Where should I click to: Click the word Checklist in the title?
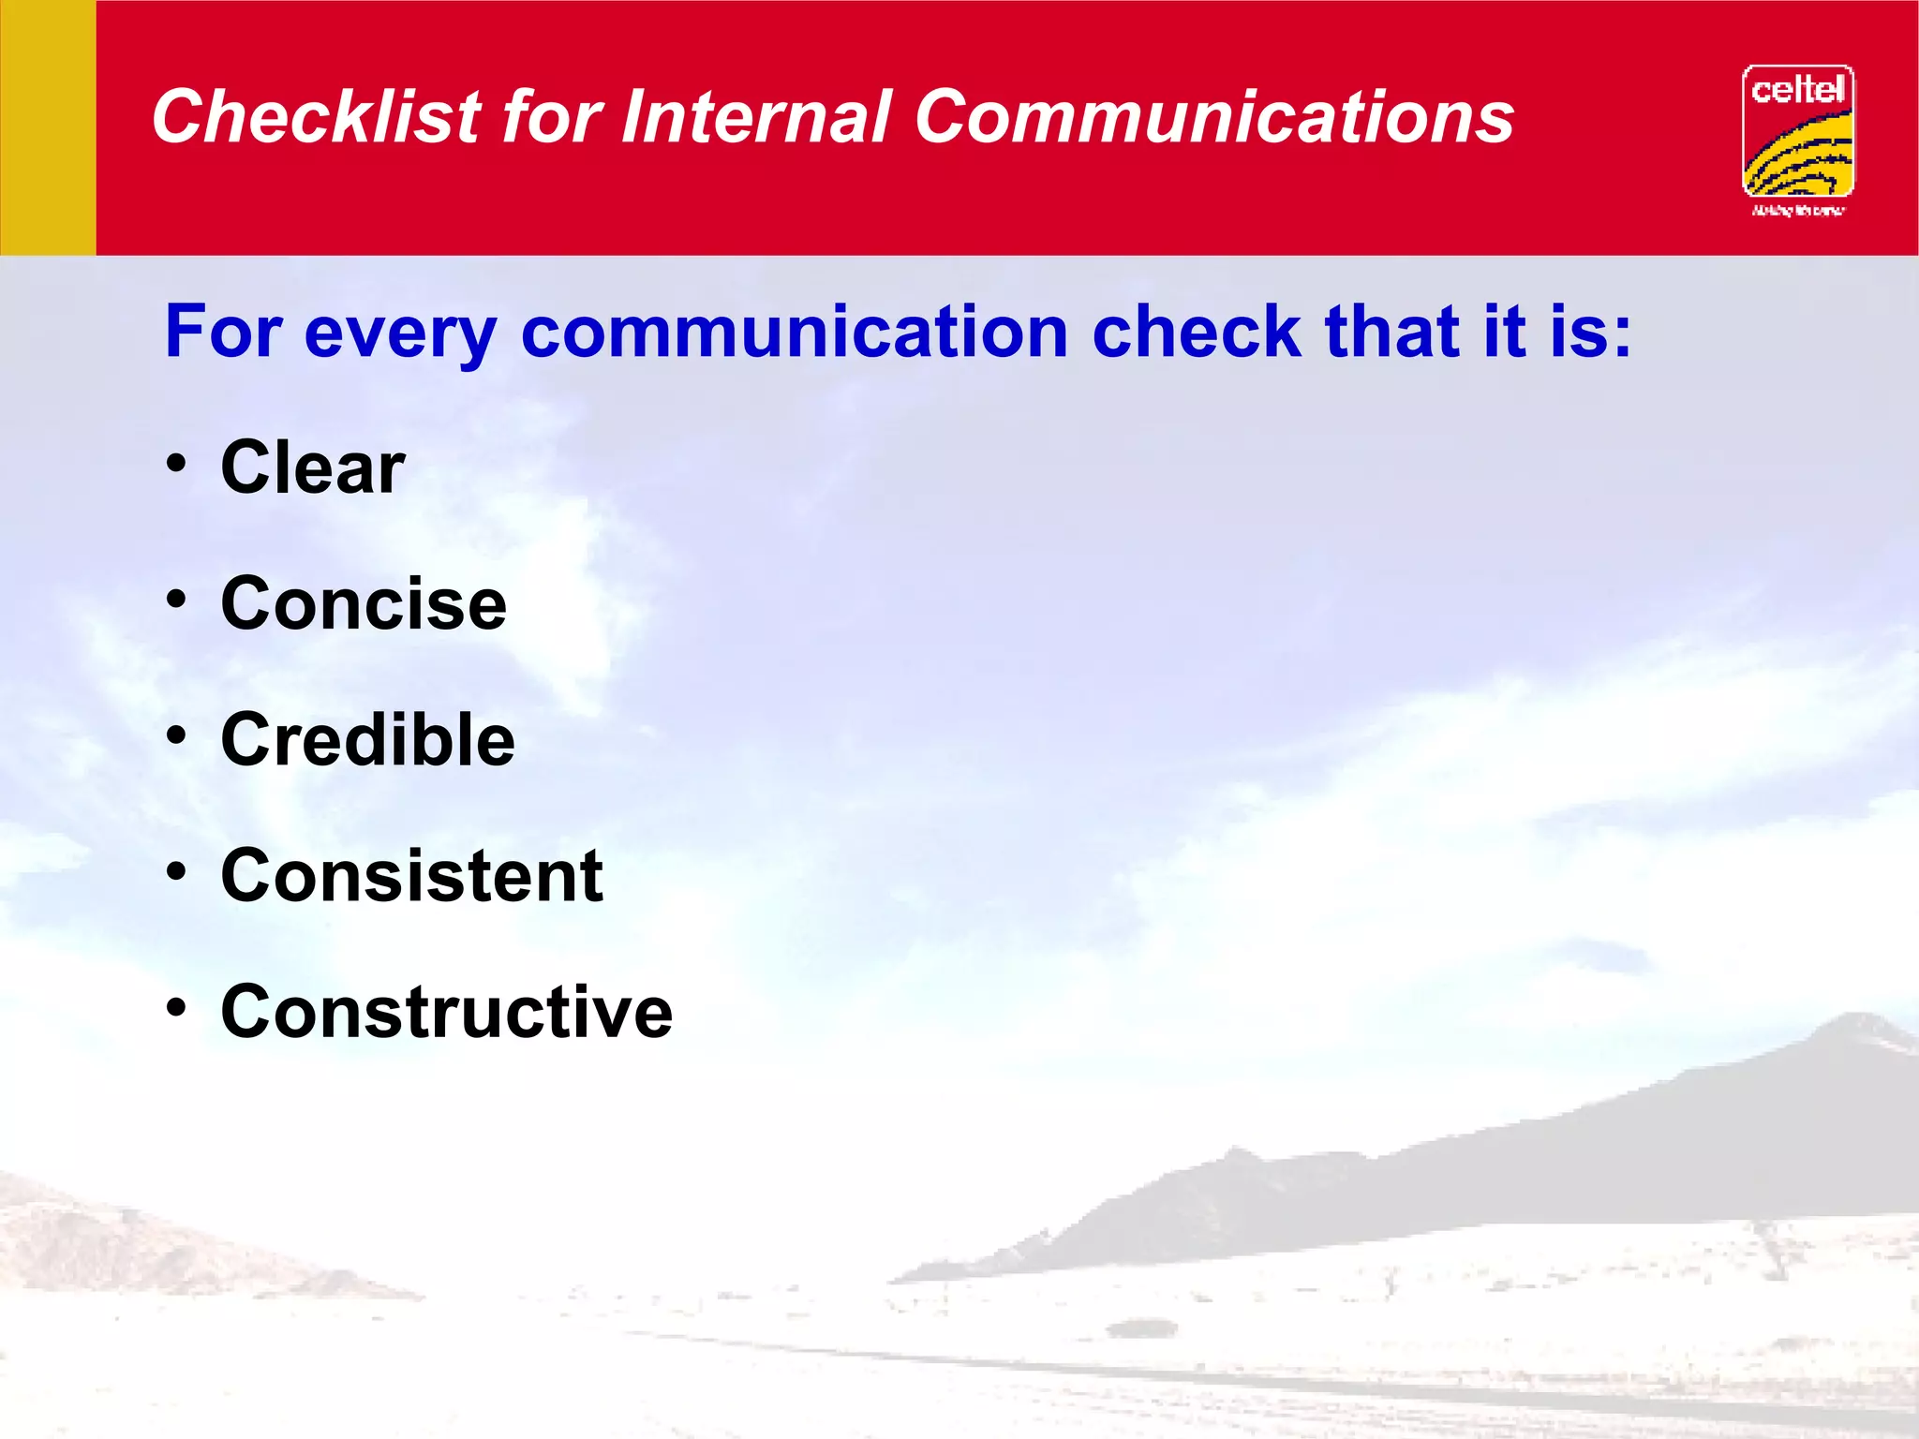(x=317, y=117)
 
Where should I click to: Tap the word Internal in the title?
(x=755, y=117)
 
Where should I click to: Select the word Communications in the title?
(x=1213, y=117)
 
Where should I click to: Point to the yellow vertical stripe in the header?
(x=48, y=127)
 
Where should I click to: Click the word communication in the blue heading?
(x=794, y=333)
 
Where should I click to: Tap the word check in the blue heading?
(x=1197, y=333)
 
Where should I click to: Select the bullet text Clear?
(x=312, y=467)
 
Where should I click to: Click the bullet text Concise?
(x=364, y=604)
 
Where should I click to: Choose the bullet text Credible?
(x=367, y=740)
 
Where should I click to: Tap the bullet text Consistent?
(x=411, y=876)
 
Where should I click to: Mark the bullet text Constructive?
(x=446, y=1013)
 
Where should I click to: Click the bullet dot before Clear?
(x=176, y=463)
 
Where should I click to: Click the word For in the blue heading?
(x=223, y=333)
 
